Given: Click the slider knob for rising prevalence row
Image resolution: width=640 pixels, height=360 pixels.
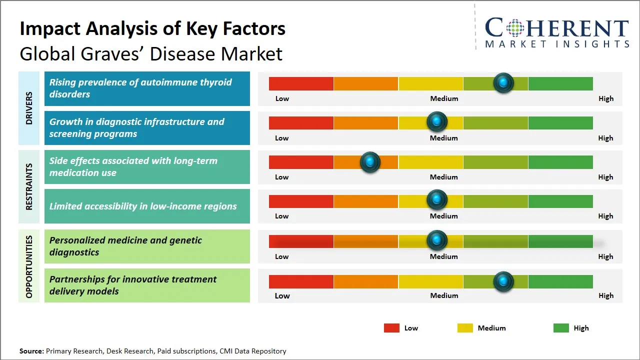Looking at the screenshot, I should pyautogui.click(x=503, y=82).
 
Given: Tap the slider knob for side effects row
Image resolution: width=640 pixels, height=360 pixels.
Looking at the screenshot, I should pyautogui.click(x=370, y=162).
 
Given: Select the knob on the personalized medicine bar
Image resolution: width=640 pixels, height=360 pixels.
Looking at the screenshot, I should pyautogui.click(x=437, y=240).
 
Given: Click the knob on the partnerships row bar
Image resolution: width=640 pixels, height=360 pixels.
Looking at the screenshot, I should pyautogui.click(x=503, y=281).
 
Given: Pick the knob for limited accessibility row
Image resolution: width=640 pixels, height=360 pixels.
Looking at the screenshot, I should pyautogui.click(x=437, y=199).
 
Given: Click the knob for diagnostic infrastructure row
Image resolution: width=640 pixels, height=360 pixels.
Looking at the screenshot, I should pyautogui.click(x=437, y=121).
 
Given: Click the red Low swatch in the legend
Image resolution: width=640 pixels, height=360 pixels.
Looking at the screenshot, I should pyautogui.click(x=391, y=328).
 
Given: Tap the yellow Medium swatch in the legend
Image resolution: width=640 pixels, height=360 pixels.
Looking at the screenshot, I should pyautogui.click(x=465, y=328).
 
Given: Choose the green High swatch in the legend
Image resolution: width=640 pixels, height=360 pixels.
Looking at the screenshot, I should pyautogui.click(x=561, y=328).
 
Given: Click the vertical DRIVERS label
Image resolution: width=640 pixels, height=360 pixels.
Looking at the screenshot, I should pyautogui.click(x=29, y=108).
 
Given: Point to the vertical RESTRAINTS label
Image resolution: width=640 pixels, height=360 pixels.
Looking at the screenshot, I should pyautogui.click(x=29, y=186).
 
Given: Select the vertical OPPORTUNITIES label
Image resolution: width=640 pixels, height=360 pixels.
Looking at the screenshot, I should pyautogui.click(x=29, y=266).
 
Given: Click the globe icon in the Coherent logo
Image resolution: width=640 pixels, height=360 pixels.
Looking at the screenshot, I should pyautogui.click(x=514, y=28).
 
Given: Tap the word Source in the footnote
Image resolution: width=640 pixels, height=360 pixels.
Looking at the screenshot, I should pyautogui.click(x=31, y=351).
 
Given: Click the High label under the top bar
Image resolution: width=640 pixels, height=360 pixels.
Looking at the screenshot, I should pyautogui.click(x=605, y=98).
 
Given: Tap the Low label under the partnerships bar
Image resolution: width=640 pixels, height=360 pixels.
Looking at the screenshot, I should pyautogui.click(x=282, y=295).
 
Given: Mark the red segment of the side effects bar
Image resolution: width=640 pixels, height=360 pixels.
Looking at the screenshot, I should pyautogui.click(x=301, y=162).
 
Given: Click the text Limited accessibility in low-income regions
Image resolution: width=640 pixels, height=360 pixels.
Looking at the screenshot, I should pyautogui.click(x=143, y=206).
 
